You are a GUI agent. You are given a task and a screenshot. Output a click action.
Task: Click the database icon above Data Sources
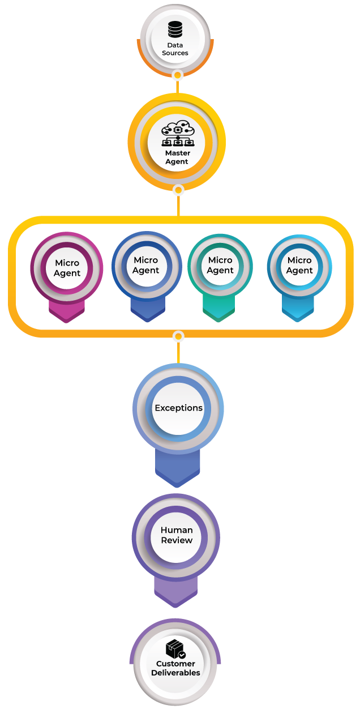[x=175, y=29]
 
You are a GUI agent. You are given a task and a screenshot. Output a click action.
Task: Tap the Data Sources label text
[x=175, y=49]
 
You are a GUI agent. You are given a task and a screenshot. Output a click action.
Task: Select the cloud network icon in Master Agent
[x=177, y=134]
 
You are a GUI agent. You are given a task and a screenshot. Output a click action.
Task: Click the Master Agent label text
[x=177, y=157]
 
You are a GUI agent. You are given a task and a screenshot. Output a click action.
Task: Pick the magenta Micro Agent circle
[x=67, y=268]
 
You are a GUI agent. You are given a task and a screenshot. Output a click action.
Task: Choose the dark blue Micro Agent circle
[x=146, y=265]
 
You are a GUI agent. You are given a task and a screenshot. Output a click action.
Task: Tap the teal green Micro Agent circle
[x=220, y=265]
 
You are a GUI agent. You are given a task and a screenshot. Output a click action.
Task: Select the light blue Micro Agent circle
[x=299, y=265]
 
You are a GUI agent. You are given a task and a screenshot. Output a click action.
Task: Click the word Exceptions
[x=178, y=408]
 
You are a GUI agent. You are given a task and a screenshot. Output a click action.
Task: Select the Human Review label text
[x=177, y=535]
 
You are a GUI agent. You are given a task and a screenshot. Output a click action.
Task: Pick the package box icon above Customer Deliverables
[x=175, y=649]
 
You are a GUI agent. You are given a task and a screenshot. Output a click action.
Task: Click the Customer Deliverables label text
[x=175, y=668]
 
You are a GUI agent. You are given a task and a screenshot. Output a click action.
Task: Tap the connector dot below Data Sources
[x=177, y=75]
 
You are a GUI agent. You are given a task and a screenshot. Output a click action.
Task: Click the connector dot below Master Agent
[x=178, y=190]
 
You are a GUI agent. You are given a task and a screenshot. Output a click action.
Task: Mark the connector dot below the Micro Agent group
[x=178, y=337]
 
